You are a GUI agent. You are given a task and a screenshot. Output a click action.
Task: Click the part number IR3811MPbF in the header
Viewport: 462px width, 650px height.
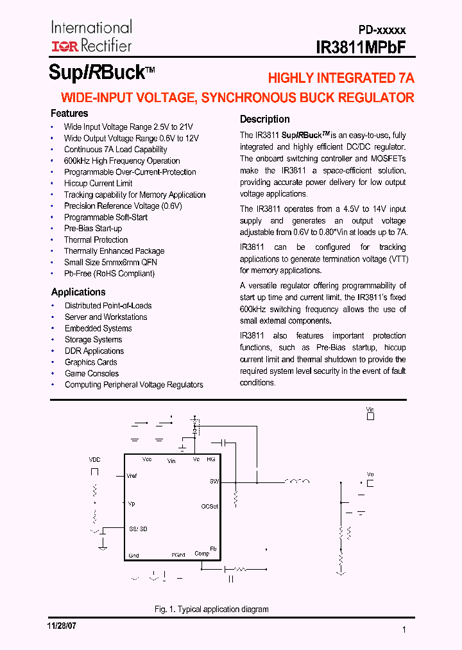361,48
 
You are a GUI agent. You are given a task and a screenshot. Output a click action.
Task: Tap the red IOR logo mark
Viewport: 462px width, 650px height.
64,46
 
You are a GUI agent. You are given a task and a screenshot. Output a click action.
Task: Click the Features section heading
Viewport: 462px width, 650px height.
69,114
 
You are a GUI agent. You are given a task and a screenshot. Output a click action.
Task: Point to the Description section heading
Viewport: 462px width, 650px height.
264,119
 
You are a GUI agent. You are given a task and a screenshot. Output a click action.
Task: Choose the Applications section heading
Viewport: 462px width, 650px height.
78,292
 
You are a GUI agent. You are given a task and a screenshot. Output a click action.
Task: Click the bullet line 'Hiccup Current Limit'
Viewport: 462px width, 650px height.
98,184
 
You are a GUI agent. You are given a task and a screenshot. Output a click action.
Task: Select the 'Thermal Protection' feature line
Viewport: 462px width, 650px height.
96,240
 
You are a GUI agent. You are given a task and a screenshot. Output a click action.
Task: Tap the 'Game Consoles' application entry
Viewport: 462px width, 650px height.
92,374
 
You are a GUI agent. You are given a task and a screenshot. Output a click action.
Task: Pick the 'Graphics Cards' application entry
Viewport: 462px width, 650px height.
91,362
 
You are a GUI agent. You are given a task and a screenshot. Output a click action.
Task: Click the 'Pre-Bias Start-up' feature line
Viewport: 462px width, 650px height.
93,229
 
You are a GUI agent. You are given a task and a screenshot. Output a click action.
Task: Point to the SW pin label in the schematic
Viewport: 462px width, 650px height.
214,481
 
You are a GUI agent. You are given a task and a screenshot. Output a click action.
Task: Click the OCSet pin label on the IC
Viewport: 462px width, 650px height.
209,506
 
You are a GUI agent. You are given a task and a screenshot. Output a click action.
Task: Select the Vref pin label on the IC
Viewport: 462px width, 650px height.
132,476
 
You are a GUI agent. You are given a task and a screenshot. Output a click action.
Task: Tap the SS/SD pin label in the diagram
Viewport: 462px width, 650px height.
137,529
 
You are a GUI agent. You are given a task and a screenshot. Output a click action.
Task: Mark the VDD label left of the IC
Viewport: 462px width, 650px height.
94,460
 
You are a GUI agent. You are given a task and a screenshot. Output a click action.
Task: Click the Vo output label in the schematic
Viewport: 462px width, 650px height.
370,474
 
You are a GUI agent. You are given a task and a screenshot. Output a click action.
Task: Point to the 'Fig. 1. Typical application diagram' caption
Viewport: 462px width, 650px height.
211,609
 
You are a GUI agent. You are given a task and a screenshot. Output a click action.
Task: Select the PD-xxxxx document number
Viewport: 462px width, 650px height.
382,30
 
